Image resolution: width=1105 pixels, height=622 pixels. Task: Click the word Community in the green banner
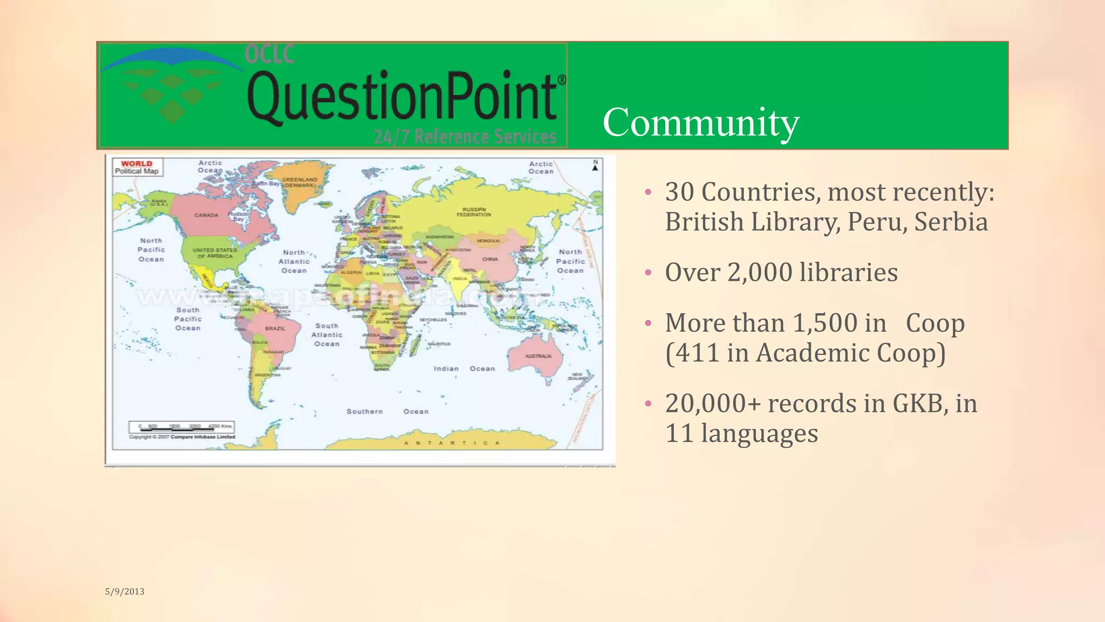[700, 123]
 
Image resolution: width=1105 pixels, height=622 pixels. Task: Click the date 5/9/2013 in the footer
[125, 591]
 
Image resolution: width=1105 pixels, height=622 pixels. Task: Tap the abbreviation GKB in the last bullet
[917, 403]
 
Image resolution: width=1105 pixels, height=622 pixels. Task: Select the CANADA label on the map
[206, 215]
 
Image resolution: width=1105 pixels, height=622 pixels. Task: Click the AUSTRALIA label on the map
[538, 356]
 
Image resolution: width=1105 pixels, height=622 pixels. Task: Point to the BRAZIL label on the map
[275, 328]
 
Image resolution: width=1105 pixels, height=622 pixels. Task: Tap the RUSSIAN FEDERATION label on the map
[474, 212]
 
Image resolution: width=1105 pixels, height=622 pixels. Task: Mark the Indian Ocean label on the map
[464, 369]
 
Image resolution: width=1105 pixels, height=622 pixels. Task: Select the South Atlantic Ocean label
[327, 335]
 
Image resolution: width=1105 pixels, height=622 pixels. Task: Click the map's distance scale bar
[181, 427]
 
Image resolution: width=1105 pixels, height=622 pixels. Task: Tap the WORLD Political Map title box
[137, 167]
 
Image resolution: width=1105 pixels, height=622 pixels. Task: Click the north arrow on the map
[595, 165]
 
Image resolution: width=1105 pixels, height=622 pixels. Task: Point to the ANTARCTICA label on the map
[452, 443]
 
